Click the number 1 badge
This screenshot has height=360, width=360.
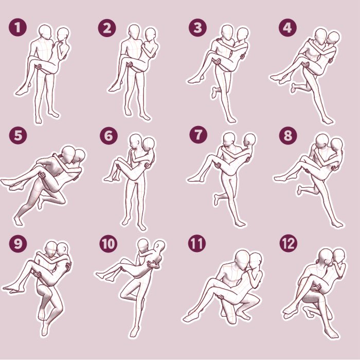[18, 28]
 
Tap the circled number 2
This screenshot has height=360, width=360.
[107, 28]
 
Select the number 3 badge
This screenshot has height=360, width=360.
[197, 28]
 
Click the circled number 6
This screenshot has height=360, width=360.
[109, 136]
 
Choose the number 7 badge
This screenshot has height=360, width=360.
[197, 136]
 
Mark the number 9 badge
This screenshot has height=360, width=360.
[18, 243]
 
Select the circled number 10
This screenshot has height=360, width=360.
[109, 243]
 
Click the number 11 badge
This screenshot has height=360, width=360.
[196, 243]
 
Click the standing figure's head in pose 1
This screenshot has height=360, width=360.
[45, 32]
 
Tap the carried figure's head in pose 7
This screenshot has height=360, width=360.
[250, 140]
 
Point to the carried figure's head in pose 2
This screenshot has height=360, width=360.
[151, 35]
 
